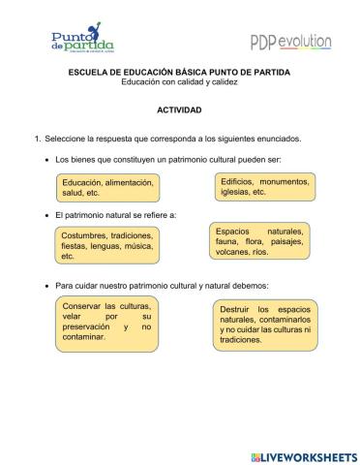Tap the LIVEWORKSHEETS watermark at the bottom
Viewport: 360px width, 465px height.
[304, 455]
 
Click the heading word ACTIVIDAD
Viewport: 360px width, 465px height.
[179, 110]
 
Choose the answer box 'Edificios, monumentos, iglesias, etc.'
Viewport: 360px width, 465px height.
[263, 186]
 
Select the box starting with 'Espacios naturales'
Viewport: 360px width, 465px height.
[259, 241]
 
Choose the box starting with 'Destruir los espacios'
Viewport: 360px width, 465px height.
[264, 325]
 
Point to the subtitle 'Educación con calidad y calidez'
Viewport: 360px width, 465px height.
[179, 82]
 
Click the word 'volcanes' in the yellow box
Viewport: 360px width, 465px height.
[233, 252]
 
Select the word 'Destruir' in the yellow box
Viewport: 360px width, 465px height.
[237, 308]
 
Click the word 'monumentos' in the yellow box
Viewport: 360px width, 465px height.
[283, 181]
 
